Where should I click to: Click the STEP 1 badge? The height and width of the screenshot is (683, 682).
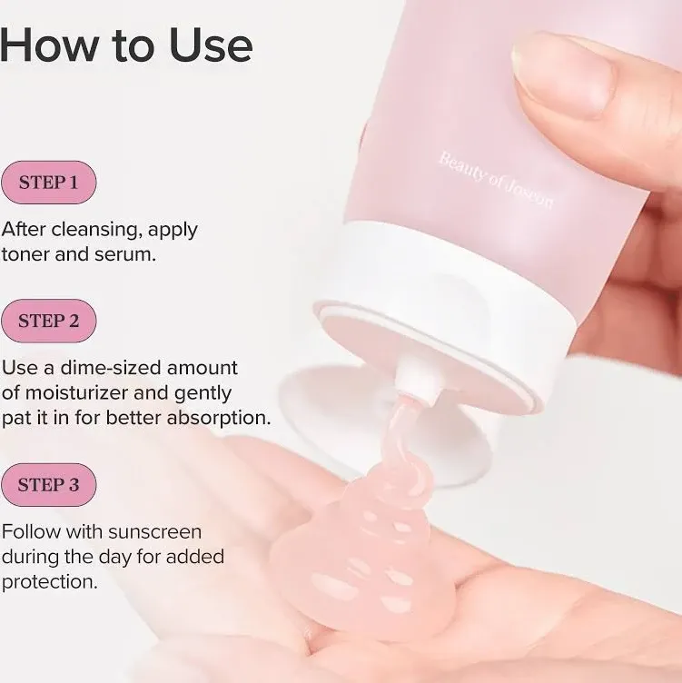(x=48, y=182)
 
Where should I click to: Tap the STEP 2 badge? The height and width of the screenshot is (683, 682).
(x=48, y=321)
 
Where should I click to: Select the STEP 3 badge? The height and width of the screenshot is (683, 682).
(x=48, y=485)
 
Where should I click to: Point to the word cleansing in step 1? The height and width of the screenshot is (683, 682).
(x=96, y=229)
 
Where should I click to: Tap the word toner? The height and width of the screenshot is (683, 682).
(x=25, y=254)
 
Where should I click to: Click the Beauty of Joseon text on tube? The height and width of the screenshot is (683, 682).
(x=495, y=180)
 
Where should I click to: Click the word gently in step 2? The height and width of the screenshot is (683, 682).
(x=205, y=393)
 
